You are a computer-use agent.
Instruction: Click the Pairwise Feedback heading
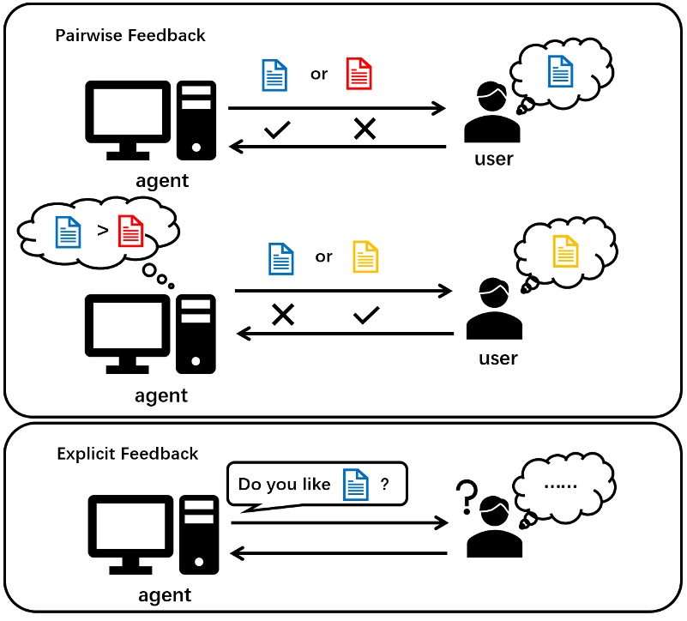pyautogui.click(x=130, y=36)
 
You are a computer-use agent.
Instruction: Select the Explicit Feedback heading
pyautogui.click(x=128, y=454)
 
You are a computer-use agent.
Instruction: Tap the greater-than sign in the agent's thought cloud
pyautogui.click(x=103, y=230)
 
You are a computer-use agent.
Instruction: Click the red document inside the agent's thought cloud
pyautogui.click(x=130, y=230)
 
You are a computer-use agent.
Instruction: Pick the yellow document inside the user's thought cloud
pyautogui.click(x=566, y=250)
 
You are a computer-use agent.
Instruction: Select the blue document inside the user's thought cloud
pyautogui.click(x=561, y=69)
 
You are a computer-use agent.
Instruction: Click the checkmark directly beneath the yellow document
pyautogui.click(x=366, y=315)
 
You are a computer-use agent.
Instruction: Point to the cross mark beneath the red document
pyautogui.click(x=365, y=130)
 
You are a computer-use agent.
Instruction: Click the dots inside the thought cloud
pyautogui.click(x=561, y=486)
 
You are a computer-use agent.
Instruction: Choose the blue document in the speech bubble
pyautogui.click(x=355, y=485)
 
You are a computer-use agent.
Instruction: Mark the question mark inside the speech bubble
pyautogui.click(x=385, y=485)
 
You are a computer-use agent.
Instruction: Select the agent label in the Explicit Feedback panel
pyautogui.click(x=164, y=595)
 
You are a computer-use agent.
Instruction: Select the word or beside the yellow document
pyautogui.click(x=323, y=256)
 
